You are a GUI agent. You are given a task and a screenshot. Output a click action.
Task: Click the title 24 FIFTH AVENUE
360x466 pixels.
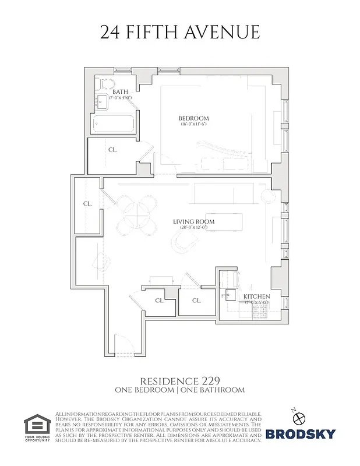(x=180, y=32)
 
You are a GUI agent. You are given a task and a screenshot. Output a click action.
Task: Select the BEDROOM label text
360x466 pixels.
(x=193, y=118)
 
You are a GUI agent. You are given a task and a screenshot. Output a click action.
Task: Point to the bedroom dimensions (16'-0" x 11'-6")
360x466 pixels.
(x=193, y=125)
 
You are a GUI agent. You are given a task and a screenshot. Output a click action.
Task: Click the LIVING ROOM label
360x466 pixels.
(x=193, y=222)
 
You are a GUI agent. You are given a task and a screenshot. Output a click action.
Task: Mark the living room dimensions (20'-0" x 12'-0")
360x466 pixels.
(x=193, y=228)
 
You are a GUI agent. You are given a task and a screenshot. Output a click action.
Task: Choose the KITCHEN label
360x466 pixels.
(x=256, y=296)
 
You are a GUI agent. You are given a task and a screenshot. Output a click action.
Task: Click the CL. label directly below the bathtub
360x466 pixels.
(x=112, y=150)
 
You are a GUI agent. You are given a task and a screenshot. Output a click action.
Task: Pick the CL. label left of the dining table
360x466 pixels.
(x=87, y=204)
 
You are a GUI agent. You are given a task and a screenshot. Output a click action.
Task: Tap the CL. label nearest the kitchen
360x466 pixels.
(x=196, y=301)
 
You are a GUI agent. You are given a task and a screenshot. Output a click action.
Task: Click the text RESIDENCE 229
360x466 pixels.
(x=179, y=380)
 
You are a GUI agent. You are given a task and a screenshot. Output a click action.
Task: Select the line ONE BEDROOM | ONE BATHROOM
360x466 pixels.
(x=179, y=390)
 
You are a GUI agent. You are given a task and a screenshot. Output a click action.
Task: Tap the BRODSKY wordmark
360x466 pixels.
(x=301, y=433)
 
